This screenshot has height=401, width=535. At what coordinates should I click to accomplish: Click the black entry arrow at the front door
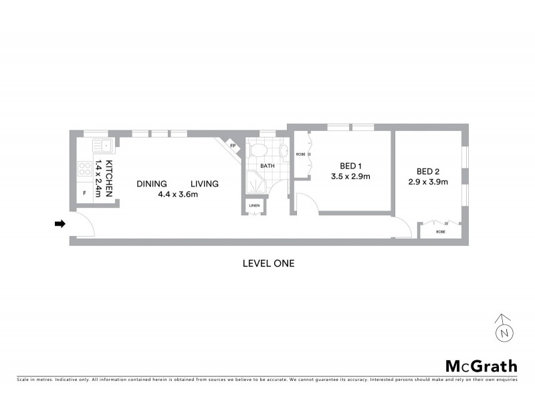60,224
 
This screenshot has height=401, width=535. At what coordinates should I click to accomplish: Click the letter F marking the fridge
84,193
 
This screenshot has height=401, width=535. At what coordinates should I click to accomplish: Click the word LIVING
205,184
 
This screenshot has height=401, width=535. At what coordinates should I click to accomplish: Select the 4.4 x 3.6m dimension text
178,195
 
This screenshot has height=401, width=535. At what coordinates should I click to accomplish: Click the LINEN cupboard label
255,206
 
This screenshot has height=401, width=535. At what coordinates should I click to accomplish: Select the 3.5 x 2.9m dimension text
350,177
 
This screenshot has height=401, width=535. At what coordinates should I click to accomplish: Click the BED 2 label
428,170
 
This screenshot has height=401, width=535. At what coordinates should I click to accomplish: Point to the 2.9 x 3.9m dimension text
428,182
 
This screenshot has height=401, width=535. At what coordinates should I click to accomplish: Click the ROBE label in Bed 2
440,231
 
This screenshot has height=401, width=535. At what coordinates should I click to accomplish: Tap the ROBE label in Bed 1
300,155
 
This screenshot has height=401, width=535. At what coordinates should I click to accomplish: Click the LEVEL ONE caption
267,263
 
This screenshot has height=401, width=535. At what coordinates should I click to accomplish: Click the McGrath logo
481,366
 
